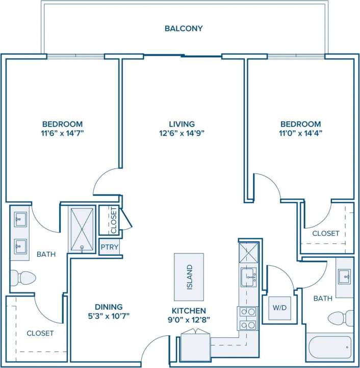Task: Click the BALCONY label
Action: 184,29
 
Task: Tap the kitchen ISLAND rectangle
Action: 189,277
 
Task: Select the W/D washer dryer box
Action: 279,308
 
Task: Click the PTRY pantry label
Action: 110,248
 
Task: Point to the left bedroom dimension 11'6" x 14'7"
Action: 62,134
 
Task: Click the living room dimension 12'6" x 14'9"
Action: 182,134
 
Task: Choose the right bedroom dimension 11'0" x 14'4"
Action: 301,134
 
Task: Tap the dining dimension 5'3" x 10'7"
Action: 108,316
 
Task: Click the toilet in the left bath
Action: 23,278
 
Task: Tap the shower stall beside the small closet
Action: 82,229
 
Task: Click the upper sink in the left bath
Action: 20,219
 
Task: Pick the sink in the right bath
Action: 345,277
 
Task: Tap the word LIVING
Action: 182,124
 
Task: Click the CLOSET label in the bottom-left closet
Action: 40,333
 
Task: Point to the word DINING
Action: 108,307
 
